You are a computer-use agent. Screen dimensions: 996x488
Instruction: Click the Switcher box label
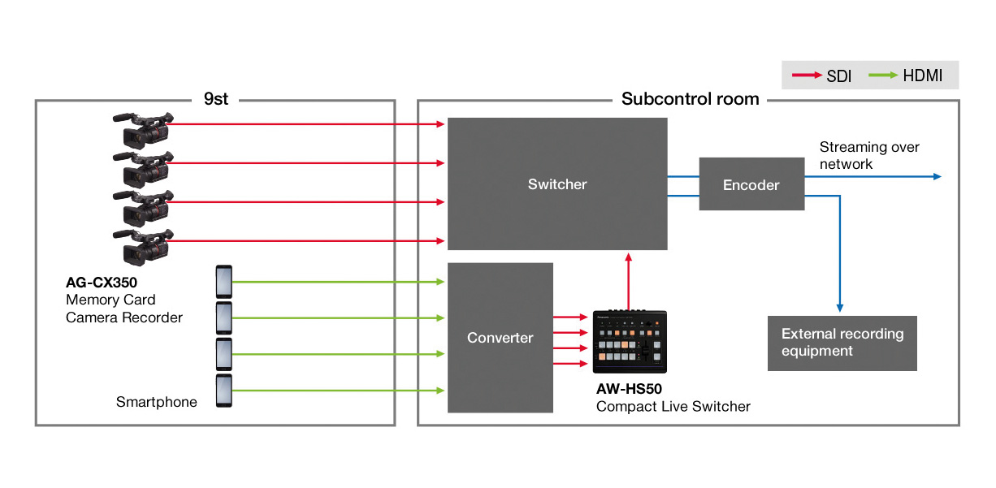click(557, 184)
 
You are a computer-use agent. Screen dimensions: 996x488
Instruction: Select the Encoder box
click(751, 184)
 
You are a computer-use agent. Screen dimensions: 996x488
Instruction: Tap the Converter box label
click(500, 338)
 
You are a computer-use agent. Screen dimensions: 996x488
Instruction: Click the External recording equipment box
click(842, 343)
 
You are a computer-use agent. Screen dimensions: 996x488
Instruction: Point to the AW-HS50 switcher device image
click(630, 342)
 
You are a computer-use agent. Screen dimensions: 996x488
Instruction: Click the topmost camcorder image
click(143, 130)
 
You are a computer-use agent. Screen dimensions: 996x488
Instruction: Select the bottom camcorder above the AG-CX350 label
click(143, 247)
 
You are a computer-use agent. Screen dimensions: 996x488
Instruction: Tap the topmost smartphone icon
click(223, 282)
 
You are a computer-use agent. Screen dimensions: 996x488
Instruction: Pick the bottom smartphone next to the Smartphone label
click(223, 391)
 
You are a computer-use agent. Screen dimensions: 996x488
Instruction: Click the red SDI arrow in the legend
click(807, 76)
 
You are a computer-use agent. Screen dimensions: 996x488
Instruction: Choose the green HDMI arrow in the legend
click(883, 76)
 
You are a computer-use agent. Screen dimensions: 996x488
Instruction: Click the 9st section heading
click(216, 99)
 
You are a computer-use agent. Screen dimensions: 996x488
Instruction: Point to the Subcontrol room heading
click(690, 99)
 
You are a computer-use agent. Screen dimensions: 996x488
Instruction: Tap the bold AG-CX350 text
click(102, 283)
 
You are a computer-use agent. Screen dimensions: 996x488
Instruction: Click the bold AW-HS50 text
click(629, 389)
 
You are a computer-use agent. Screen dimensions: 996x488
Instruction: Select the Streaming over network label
click(869, 155)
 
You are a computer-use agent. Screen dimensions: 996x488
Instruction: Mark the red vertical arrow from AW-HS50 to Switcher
click(628, 282)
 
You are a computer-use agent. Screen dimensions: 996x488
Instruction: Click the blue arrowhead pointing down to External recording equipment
click(840, 308)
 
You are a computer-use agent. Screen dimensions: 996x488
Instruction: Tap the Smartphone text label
click(157, 402)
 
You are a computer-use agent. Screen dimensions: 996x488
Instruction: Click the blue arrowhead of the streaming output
click(938, 176)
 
